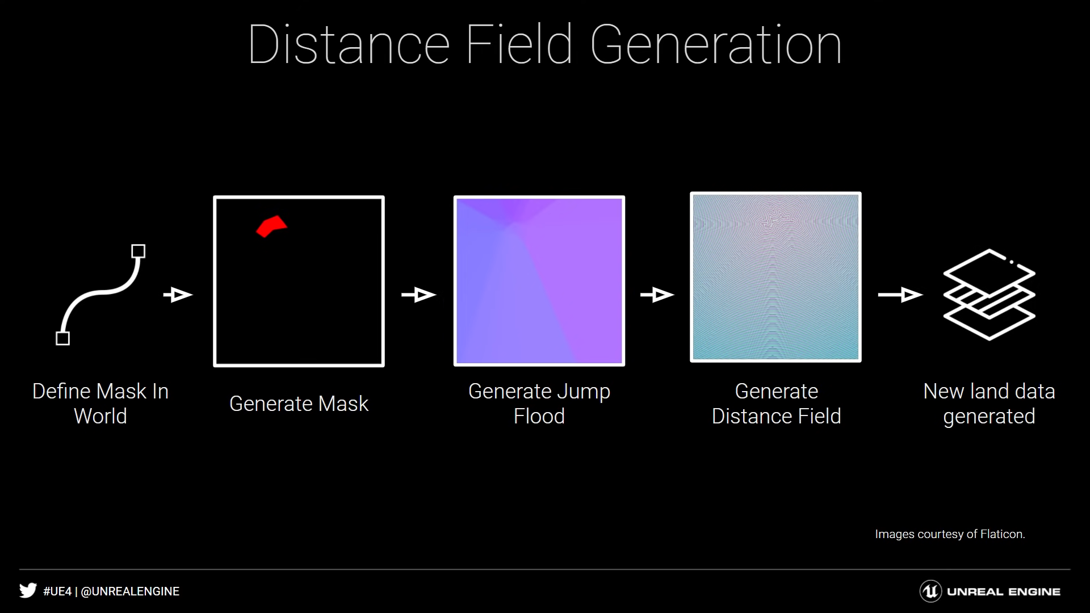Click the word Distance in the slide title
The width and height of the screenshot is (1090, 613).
[x=349, y=45]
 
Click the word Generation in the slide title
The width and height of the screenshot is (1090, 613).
[x=716, y=45]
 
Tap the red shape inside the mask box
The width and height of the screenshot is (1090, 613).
[x=271, y=226]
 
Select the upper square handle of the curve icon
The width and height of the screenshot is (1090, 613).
[x=138, y=251]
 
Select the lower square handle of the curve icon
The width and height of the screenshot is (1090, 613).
[x=63, y=338]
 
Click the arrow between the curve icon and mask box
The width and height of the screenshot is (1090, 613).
[x=178, y=295]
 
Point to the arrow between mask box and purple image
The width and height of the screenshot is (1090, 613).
[x=419, y=295]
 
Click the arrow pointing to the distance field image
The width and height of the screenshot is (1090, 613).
[x=657, y=295]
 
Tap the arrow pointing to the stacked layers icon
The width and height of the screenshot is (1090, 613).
[x=900, y=295]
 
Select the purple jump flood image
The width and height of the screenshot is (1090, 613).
[x=539, y=281]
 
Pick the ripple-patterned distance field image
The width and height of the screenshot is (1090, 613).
[x=775, y=277]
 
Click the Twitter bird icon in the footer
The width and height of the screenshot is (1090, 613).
[x=28, y=590]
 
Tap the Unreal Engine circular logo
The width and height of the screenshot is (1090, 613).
[x=930, y=591]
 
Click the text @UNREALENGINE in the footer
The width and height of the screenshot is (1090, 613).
[x=130, y=591]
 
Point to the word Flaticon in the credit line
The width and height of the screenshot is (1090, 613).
[x=1003, y=534]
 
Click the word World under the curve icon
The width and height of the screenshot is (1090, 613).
[x=100, y=416]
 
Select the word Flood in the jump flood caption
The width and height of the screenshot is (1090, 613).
[x=539, y=416]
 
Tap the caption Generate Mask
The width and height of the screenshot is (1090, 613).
[x=299, y=404]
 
